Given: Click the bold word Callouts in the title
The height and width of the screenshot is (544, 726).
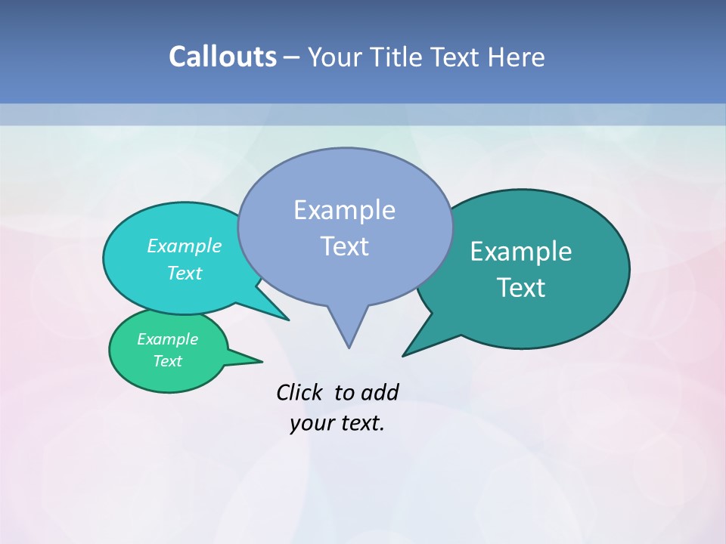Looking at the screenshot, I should click(222, 57).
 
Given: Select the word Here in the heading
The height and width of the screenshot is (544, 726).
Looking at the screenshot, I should click(517, 57).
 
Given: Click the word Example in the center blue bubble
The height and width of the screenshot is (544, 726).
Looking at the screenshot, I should click(344, 210).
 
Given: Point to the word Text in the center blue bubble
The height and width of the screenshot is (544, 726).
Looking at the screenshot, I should click(344, 246).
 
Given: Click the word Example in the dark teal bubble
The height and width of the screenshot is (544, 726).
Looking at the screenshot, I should click(521, 252).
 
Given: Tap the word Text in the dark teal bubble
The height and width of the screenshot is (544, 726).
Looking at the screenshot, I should click(521, 287).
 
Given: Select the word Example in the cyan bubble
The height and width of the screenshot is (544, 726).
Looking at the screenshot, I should click(185, 246).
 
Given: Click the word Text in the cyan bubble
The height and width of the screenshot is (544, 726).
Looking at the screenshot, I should click(185, 273).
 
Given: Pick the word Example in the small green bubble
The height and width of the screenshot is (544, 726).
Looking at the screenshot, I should click(167, 339).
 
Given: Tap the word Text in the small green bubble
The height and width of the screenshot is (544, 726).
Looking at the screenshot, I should click(167, 361).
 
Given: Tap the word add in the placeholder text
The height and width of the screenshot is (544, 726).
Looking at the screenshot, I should click(380, 393).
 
